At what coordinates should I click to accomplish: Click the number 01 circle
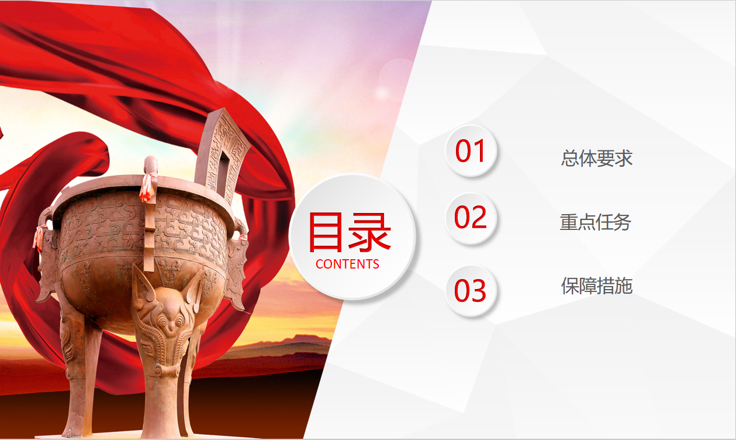coord(471,150)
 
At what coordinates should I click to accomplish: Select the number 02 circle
coord(471,218)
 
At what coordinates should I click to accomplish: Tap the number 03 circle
coord(471,291)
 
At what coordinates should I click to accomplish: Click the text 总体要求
coord(597,158)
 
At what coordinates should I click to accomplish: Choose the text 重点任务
coord(595,222)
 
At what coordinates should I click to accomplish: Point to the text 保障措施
coord(597,286)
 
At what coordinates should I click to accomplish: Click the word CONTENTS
coord(347,264)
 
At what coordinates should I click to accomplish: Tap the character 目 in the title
coord(326,232)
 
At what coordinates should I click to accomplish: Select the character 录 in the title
coord(369,232)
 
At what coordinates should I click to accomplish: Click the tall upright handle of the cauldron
coord(222,154)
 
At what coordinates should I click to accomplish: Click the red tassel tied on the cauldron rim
coord(148,187)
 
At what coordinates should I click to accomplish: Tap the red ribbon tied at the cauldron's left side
coord(39,238)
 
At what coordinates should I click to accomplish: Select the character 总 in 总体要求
coord(570,158)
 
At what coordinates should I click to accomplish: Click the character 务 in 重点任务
coord(623,222)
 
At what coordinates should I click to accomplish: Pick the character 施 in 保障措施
coord(624,286)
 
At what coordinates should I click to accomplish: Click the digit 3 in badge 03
coord(479,291)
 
